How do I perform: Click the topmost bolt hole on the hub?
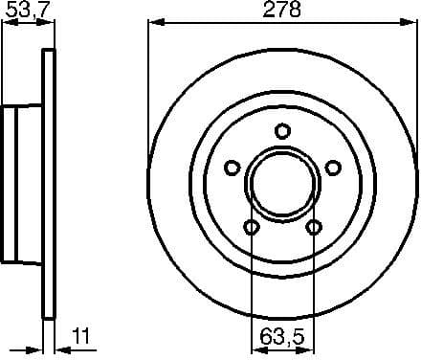coord(282,131)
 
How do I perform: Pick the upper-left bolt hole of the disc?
coord(231,169)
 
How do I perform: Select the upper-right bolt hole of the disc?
coord(334,169)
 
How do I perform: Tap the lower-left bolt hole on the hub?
coord(251,228)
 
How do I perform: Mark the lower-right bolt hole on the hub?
coord(314,228)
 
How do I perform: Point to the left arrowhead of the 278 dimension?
coord(154,24)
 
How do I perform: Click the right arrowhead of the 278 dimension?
coord(410,24)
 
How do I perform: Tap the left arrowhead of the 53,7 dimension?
coord(5,24)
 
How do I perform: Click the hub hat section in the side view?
coord(22,183)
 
